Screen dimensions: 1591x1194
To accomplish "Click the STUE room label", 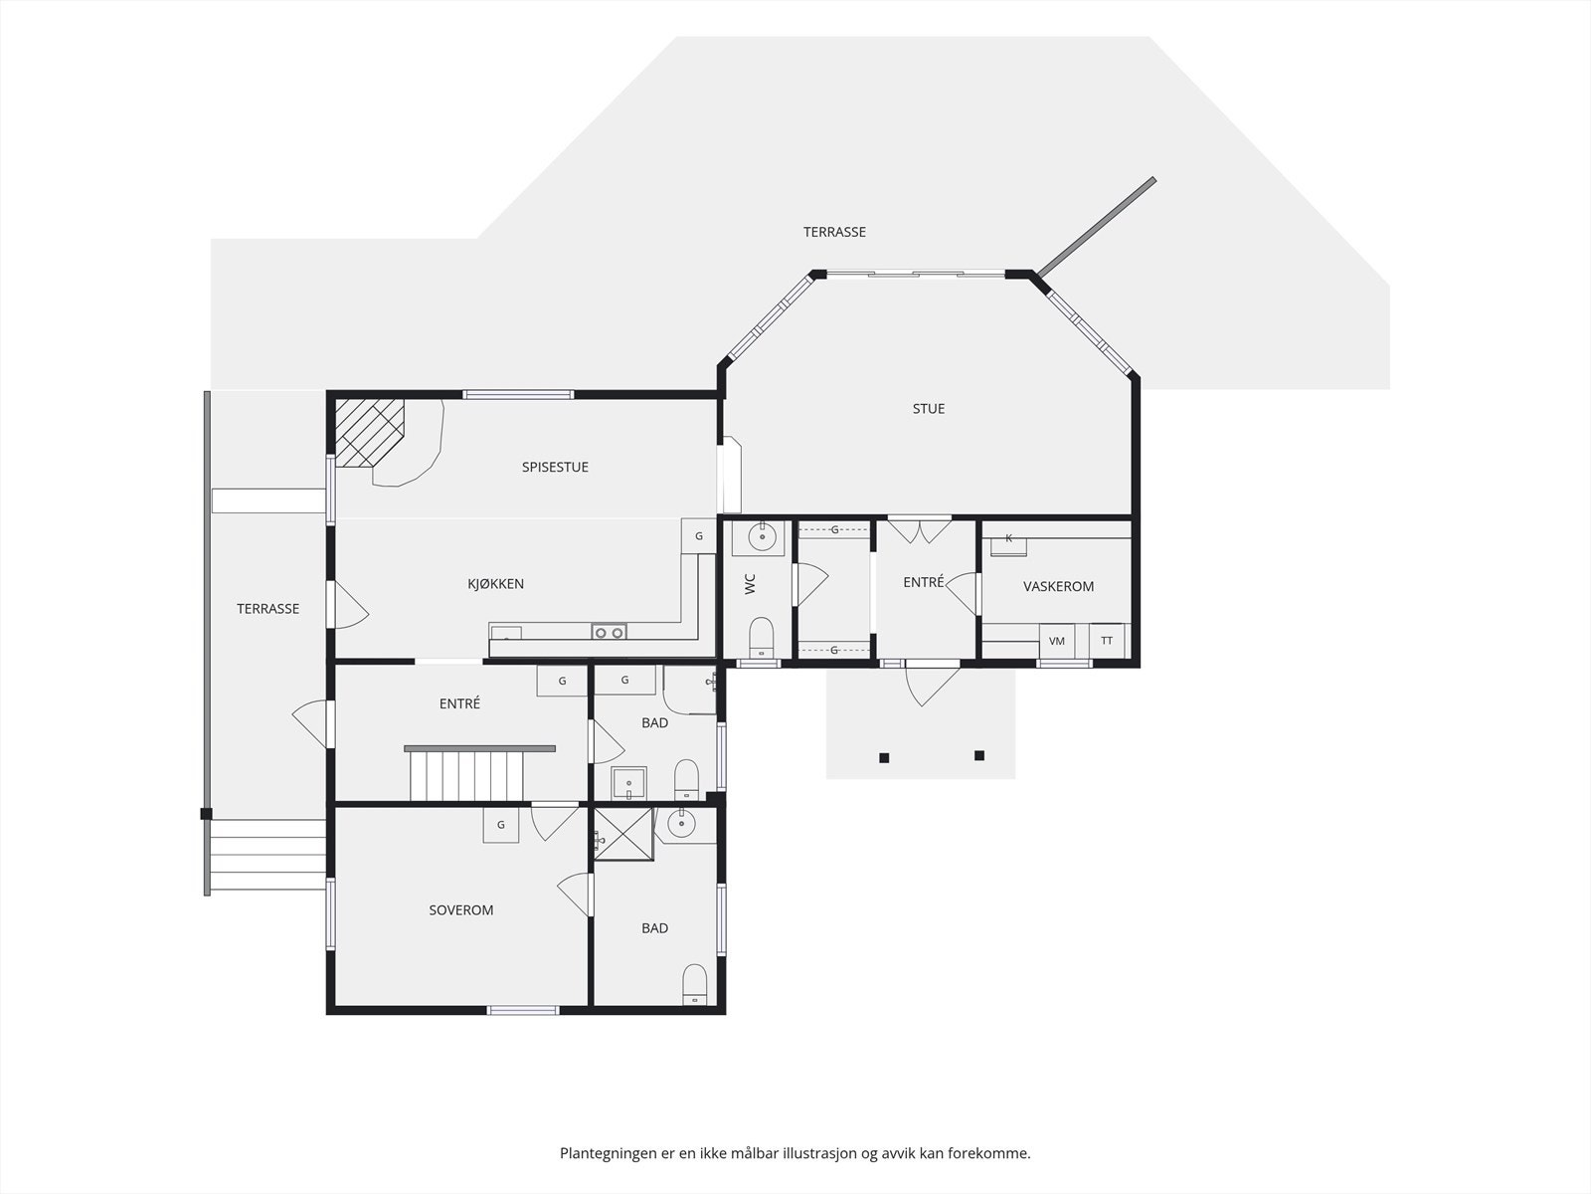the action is pyautogui.click(x=928, y=409).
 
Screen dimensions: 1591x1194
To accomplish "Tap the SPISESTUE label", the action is pyautogui.click(x=555, y=467).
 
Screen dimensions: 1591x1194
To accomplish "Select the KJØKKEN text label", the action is pyautogui.click(x=495, y=584).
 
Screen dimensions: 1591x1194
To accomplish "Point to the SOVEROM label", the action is pyautogui.click(x=461, y=909).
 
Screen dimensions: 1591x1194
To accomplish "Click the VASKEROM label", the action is pyautogui.click(x=1058, y=586).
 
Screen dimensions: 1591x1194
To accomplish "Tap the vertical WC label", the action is pyautogui.click(x=750, y=584).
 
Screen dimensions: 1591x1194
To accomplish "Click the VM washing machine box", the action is pyautogui.click(x=1057, y=641).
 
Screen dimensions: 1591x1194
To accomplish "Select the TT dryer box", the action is pyautogui.click(x=1107, y=641).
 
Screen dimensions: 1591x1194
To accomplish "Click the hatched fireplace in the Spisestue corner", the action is pyautogui.click(x=369, y=432).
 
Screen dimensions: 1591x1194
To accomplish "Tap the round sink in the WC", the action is pyautogui.click(x=762, y=537).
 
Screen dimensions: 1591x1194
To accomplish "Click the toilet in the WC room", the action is pyautogui.click(x=761, y=637).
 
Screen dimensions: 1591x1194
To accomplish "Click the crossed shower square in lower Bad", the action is pyautogui.click(x=624, y=834).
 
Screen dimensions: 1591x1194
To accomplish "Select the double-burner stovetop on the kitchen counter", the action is pyautogui.click(x=609, y=632).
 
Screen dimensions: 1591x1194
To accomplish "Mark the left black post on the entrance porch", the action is pyautogui.click(x=884, y=758).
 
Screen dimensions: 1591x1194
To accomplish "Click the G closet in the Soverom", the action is pyautogui.click(x=501, y=825).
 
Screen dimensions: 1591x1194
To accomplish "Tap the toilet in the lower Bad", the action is pyautogui.click(x=694, y=984).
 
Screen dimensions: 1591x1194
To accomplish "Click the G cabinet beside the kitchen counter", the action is pyautogui.click(x=699, y=536).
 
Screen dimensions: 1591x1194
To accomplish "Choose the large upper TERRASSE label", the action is pyautogui.click(x=834, y=232).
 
